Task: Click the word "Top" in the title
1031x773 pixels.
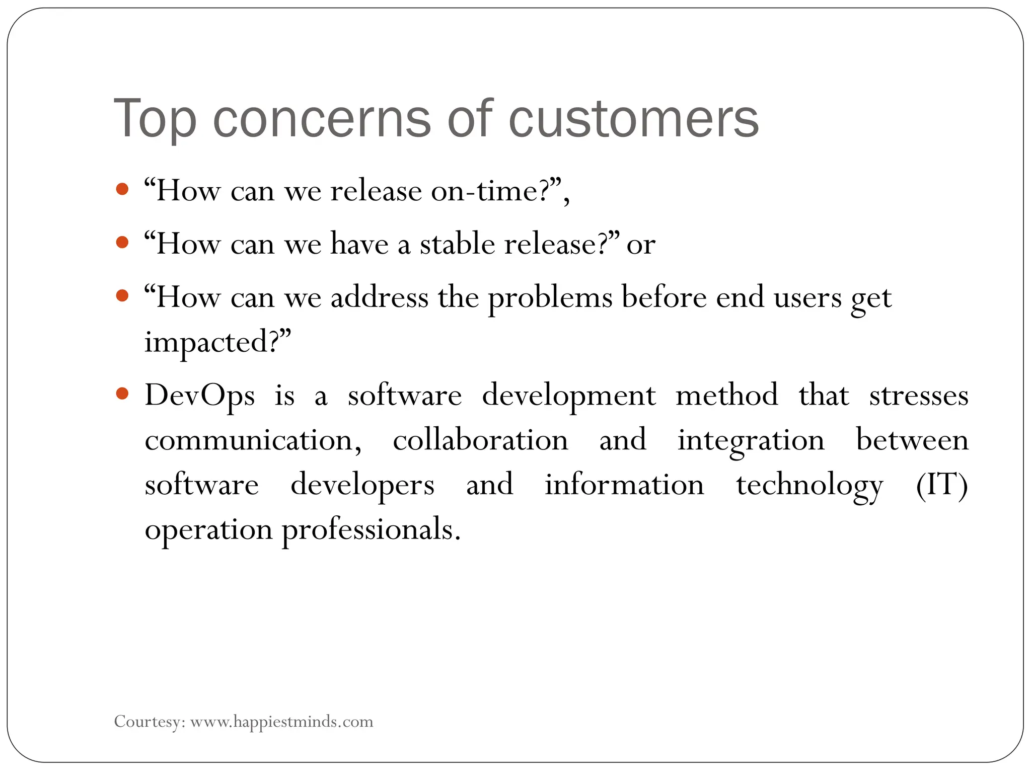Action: tap(155, 119)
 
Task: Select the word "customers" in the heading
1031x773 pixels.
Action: tap(633, 119)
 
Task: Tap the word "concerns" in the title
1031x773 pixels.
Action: tap(322, 119)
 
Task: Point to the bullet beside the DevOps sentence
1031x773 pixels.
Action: tap(122, 393)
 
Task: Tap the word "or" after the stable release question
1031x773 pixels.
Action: tap(641, 245)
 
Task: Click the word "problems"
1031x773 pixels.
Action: tap(550, 298)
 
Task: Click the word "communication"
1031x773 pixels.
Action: tap(250, 440)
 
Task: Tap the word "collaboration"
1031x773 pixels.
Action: tap(480, 440)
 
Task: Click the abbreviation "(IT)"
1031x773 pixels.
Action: tap(941, 485)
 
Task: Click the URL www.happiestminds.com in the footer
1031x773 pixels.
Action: tap(282, 722)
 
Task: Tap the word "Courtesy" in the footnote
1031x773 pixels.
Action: tap(146, 722)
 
